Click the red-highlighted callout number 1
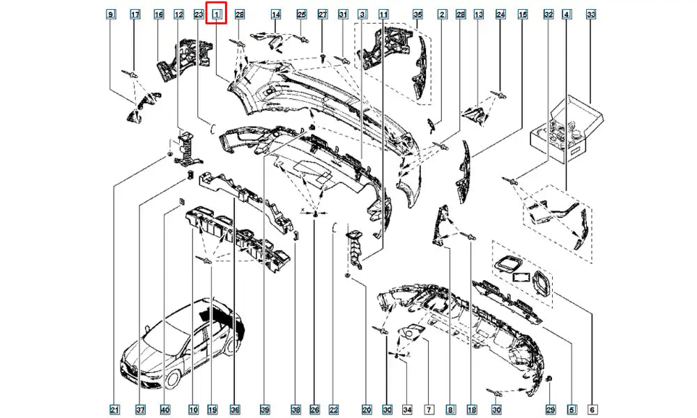point(217,15)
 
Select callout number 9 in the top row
point(110,15)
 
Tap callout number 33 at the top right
point(591,15)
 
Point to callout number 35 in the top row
point(417,15)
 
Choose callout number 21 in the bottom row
point(114,409)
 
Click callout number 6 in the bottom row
point(592,409)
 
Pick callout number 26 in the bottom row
point(314,409)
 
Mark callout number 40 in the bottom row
point(165,409)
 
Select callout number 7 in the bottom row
point(429,409)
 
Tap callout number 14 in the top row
point(276,15)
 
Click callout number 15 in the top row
point(523,15)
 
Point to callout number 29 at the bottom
point(551,409)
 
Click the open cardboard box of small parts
point(566,130)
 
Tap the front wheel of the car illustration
point(171,380)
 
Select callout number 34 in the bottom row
point(407,409)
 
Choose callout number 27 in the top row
point(323,15)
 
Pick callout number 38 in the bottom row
point(296,409)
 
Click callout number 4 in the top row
point(566,15)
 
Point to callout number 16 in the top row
point(159,15)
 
